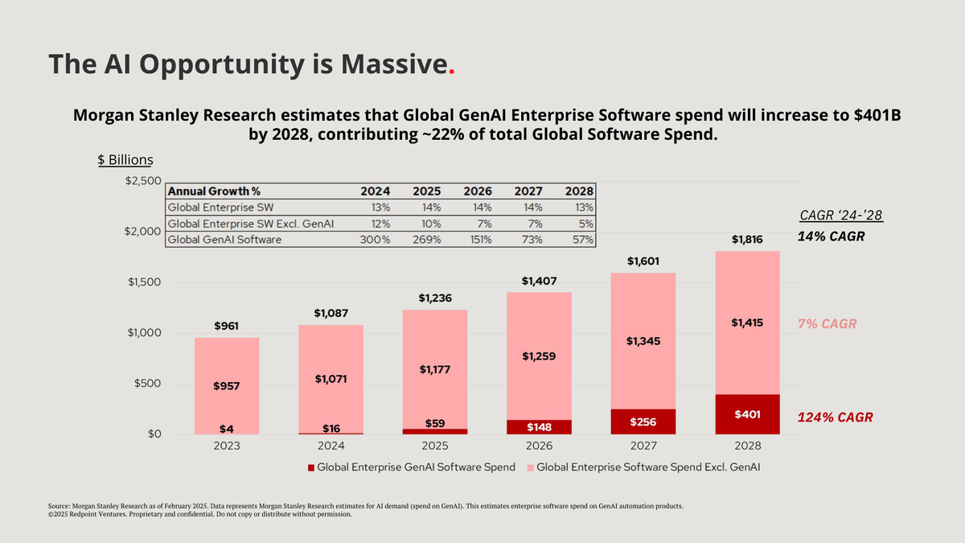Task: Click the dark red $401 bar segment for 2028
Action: (748, 414)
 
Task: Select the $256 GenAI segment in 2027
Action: (644, 422)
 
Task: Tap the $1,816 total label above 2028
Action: (748, 240)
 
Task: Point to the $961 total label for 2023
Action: (226, 326)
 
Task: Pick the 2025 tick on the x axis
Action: (435, 445)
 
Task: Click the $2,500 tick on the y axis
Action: (142, 181)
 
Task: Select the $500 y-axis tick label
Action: (146, 384)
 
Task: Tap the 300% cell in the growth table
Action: (375, 240)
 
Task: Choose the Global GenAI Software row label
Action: (224, 240)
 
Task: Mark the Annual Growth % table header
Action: (214, 191)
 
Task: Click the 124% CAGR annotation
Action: (835, 418)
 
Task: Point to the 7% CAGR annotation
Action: (828, 324)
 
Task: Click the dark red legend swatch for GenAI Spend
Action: (311, 467)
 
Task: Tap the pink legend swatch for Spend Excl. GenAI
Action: (530, 467)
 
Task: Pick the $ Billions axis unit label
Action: (125, 161)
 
